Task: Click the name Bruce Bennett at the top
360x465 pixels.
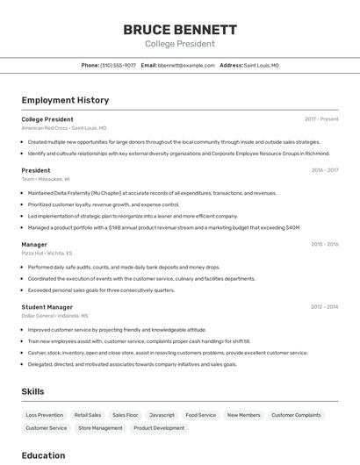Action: (179, 29)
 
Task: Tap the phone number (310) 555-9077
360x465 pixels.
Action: (118, 65)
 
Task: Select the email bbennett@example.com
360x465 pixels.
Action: (186, 65)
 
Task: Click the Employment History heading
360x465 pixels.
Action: (65, 100)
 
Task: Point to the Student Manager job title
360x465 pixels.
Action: (47, 307)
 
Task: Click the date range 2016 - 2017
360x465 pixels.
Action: (324, 170)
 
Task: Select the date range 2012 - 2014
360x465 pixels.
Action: (324, 307)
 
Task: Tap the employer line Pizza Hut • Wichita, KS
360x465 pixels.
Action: (47, 253)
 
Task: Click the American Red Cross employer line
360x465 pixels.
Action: (63, 127)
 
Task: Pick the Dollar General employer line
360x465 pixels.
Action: (54, 315)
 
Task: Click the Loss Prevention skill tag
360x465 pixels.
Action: (44, 415)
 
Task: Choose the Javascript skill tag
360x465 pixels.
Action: (162, 415)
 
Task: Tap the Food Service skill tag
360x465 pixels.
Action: (200, 415)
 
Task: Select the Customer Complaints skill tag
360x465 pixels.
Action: (296, 415)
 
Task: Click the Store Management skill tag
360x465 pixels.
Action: (100, 428)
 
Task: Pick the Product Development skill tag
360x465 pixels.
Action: (159, 428)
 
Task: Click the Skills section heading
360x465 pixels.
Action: (32, 391)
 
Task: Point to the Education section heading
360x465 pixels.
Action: (43, 455)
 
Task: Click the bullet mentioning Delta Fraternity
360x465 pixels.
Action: (152, 192)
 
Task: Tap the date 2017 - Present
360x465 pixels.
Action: (321, 118)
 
